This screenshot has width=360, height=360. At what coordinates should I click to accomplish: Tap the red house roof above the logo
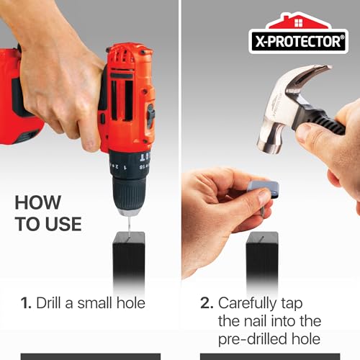(298, 22)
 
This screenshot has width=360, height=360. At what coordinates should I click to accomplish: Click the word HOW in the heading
(37, 202)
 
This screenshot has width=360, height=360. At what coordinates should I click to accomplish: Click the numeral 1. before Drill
(26, 303)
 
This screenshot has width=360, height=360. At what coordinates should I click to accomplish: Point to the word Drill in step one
(48, 302)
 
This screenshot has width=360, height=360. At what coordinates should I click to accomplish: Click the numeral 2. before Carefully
(207, 303)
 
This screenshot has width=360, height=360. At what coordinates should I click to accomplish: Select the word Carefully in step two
(247, 304)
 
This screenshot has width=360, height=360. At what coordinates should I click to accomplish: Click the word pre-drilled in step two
(253, 340)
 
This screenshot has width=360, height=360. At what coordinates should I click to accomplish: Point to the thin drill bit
(130, 225)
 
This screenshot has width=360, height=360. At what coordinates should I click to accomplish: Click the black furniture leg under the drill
(129, 261)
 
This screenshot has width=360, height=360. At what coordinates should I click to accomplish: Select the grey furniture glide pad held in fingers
(264, 189)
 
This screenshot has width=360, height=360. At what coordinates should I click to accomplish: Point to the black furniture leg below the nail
(262, 261)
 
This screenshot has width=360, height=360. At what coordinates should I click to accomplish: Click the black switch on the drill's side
(150, 115)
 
